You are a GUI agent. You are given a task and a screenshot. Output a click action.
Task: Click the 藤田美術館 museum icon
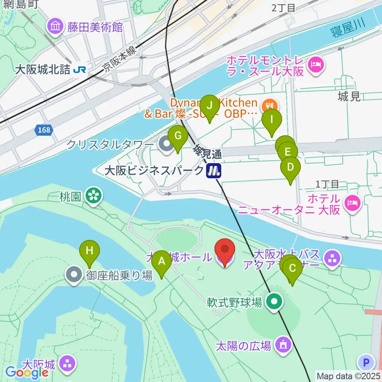55,27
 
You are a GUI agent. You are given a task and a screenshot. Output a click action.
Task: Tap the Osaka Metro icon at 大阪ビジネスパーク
214,171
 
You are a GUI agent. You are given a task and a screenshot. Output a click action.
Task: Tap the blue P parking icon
366,363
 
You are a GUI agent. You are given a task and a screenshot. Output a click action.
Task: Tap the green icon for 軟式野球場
274,302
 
